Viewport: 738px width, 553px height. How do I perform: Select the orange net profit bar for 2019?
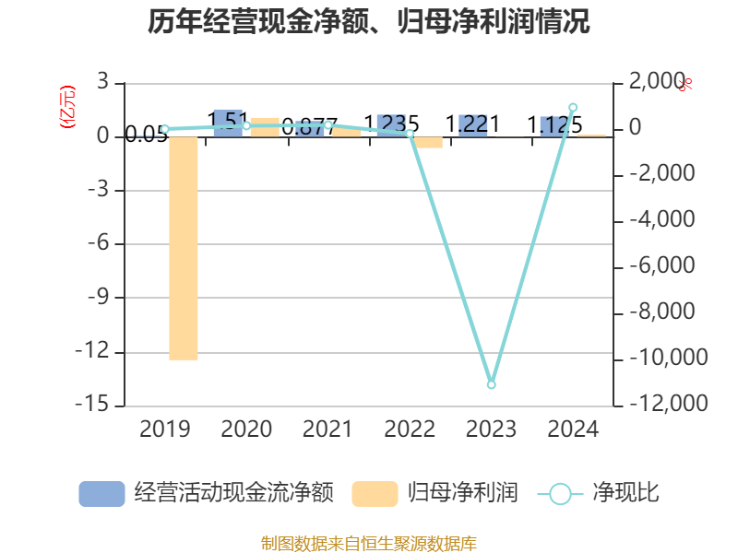coord(184,248)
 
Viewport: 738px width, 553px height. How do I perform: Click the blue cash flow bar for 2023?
coord(473,125)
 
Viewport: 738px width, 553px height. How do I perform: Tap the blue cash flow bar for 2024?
coord(554,126)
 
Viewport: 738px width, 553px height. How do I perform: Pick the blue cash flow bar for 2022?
coord(391,125)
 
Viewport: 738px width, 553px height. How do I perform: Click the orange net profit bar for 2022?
coord(428,142)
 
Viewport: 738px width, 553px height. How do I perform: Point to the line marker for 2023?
coord(492,384)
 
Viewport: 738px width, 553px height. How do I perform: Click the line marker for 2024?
coord(573,108)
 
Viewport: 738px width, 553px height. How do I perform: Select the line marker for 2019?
coord(165,129)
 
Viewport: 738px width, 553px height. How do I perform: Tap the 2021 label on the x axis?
coord(328,429)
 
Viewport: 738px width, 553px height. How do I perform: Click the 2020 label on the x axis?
coord(246,429)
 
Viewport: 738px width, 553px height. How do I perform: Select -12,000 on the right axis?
coord(657,404)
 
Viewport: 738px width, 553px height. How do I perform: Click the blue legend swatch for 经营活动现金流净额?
coord(101,493)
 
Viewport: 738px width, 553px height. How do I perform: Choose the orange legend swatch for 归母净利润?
coord(375,493)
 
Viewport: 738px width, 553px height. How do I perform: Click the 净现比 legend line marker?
coord(560,493)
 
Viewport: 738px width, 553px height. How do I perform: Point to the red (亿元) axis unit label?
coord(66,107)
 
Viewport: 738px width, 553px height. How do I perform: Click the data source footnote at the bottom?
coord(369,544)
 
